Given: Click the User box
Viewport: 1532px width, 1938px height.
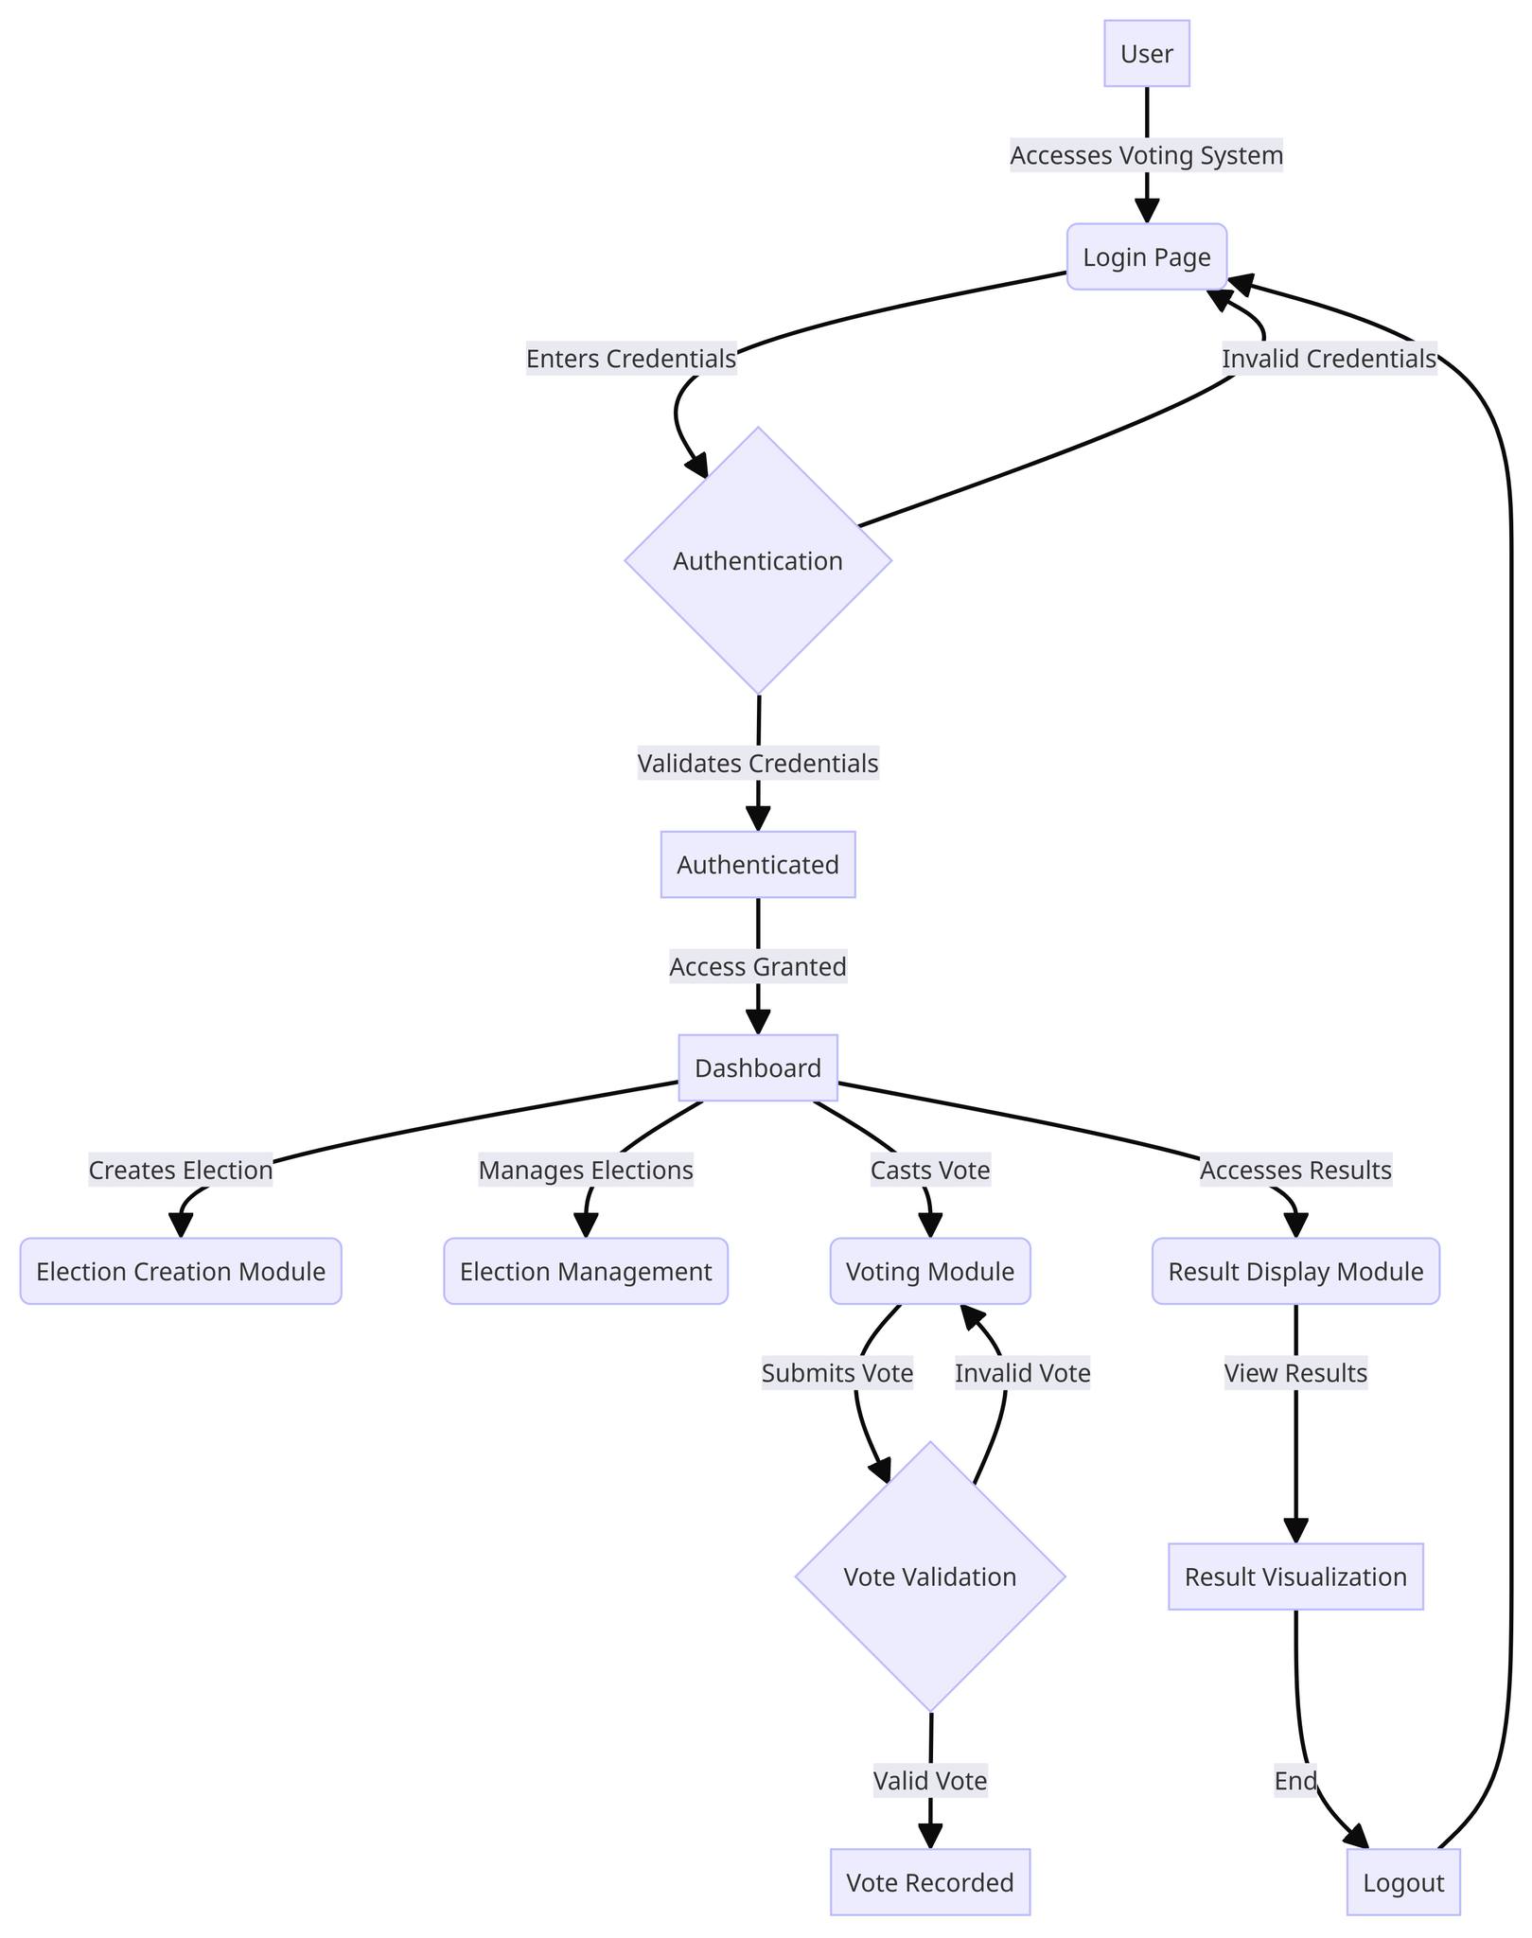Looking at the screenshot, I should (1146, 54).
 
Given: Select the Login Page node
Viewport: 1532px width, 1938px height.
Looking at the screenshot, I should (1146, 257).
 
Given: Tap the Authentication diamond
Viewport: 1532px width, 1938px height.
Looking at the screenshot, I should (758, 561).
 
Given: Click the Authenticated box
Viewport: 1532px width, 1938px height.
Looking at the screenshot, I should (758, 865).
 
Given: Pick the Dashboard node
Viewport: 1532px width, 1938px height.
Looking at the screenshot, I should (758, 1068).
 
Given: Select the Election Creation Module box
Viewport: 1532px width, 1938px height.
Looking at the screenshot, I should (181, 1272).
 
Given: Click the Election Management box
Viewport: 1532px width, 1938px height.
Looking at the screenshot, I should (586, 1272).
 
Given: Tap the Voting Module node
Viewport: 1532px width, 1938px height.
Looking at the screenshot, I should (930, 1272).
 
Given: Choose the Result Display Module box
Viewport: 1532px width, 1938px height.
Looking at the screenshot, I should (1295, 1272).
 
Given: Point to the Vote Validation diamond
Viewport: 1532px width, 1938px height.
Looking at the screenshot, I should (930, 1577).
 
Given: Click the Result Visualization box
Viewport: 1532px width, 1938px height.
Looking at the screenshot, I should (1295, 1577).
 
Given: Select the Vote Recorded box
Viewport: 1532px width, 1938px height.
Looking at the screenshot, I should (930, 1882).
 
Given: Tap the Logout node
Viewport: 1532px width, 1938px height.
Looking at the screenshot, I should (1403, 1882).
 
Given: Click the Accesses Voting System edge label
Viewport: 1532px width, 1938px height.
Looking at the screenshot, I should (1146, 155).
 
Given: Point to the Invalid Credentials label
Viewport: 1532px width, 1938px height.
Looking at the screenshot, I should (1329, 360).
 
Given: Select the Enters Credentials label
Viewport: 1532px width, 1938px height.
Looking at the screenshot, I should (631, 360).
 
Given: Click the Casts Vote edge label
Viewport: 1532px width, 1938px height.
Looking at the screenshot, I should (930, 1171).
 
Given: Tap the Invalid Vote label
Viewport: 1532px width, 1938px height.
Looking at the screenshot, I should (1022, 1373).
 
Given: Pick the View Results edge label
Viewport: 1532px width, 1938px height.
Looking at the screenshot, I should (1295, 1373).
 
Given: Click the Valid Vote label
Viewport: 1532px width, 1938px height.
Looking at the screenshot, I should (930, 1781).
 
